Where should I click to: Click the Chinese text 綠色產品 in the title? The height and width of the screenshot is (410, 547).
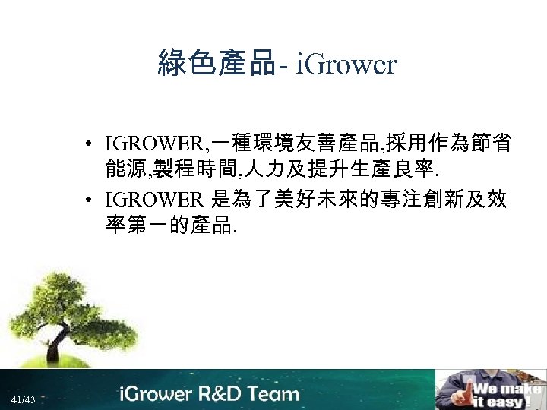pyautogui.click(x=216, y=64)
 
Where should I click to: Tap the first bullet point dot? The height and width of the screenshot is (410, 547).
pyautogui.click(x=90, y=143)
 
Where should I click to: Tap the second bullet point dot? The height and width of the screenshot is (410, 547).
pyautogui.click(x=90, y=200)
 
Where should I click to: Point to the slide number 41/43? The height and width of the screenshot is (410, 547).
pyautogui.click(x=23, y=399)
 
